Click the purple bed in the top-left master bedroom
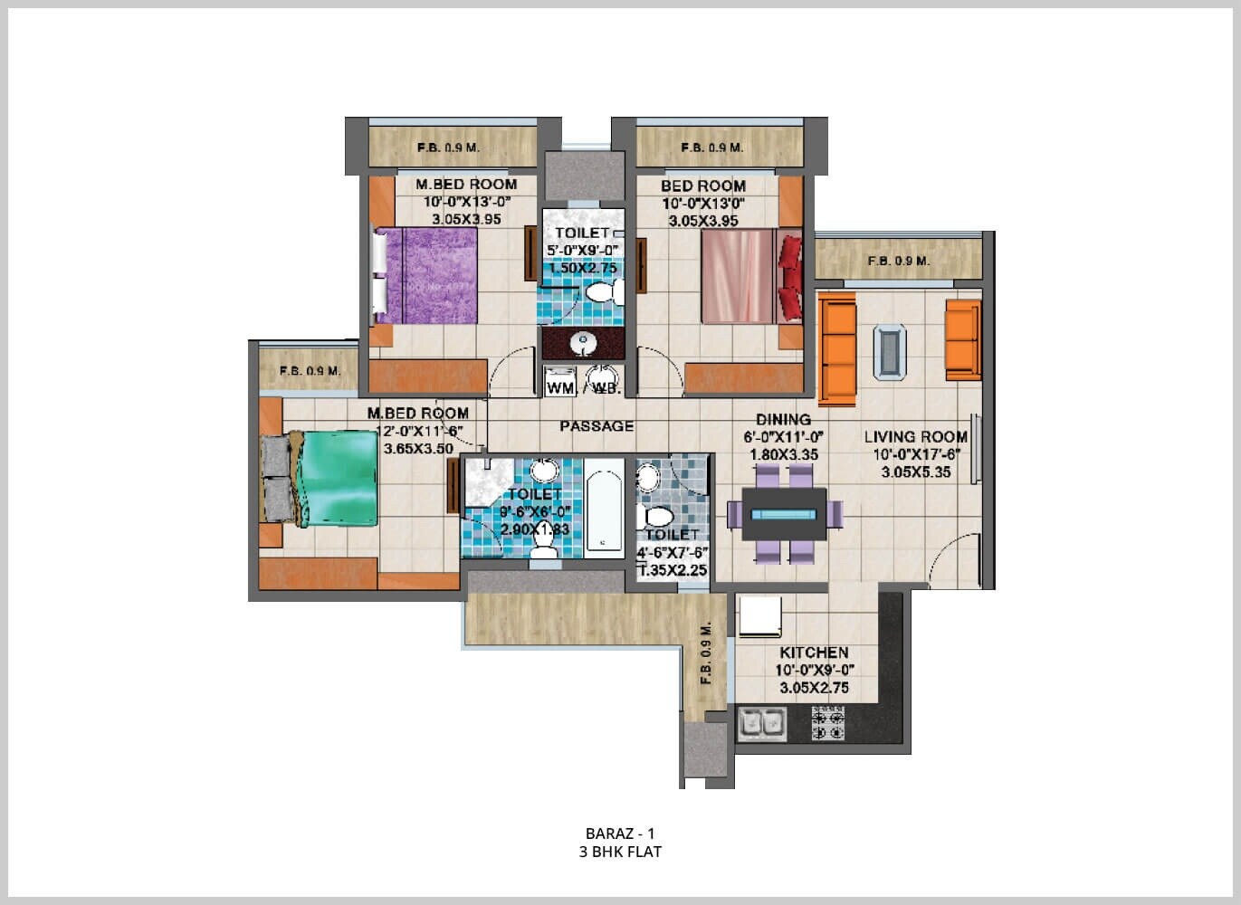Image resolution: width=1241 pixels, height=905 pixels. tap(425, 275)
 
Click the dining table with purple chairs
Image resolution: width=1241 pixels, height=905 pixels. tap(784, 514)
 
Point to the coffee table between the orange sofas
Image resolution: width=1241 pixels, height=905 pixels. tap(890, 351)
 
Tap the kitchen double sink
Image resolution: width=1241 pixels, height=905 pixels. tap(762, 724)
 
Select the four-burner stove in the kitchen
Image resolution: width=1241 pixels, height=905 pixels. tap(827, 724)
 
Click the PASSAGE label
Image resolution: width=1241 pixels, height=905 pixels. tap(597, 426)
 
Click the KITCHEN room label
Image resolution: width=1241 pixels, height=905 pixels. tap(814, 653)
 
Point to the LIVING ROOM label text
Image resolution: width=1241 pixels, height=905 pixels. tap(915, 436)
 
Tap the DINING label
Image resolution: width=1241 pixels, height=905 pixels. tap(783, 419)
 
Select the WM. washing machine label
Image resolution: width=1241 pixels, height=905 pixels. tap(560, 388)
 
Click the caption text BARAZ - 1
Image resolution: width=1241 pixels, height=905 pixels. tap(620, 833)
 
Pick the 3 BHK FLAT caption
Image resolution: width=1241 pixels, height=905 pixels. tap(620, 852)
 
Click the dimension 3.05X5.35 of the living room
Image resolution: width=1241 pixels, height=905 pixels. tap(915, 472)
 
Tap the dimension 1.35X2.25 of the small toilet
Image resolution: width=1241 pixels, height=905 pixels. tap(673, 570)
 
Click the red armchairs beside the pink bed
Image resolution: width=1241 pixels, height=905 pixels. tap(790, 277)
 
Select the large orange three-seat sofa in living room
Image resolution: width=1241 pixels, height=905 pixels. tap(837, 349)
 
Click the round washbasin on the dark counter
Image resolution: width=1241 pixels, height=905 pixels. tap(584, 343)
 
